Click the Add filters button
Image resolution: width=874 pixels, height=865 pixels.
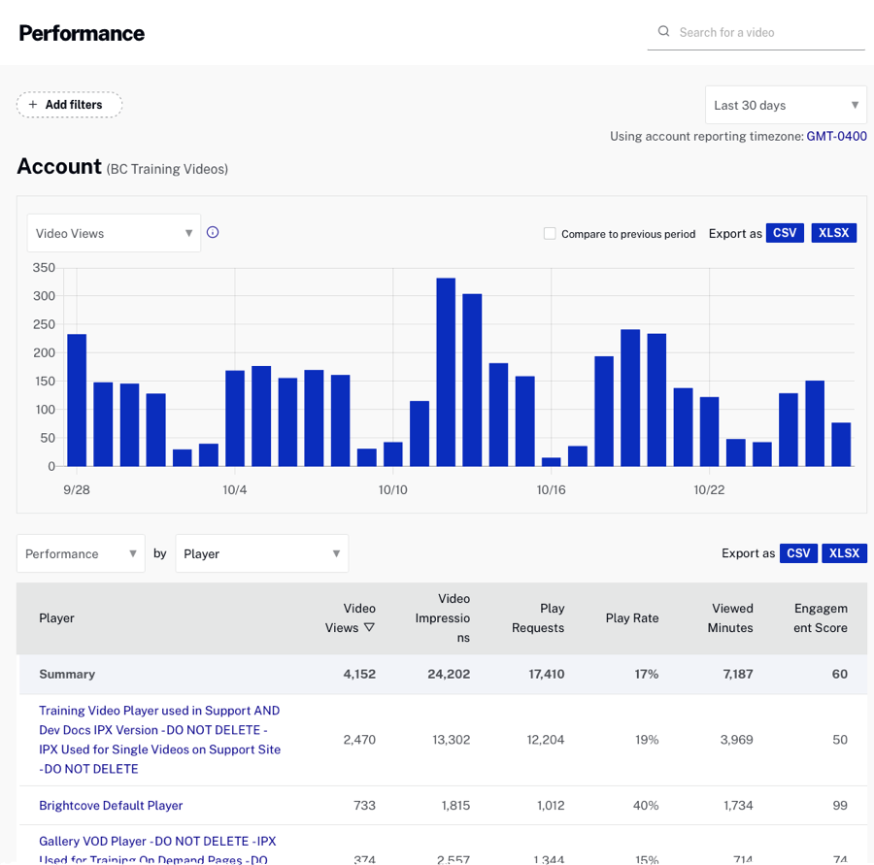click(69, 105)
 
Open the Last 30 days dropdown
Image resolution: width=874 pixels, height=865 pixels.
click(785, 105)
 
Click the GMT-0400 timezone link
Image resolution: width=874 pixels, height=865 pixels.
click(836, 136)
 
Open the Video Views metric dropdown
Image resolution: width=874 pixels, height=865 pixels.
click(114, 233)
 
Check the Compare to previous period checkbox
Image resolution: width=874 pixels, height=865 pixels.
click(550, 234)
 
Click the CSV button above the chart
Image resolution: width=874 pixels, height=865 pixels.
click(785, 233)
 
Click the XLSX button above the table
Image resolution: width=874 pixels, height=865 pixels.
click(845, 553)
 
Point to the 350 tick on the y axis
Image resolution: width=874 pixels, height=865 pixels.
click(44, 268)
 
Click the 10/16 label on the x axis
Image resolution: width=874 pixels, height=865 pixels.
click(551, 490)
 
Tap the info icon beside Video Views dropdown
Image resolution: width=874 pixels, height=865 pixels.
click(213, 232)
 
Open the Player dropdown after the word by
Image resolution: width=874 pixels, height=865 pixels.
click(261, 553)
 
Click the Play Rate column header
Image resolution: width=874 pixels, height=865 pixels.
click(631, 618)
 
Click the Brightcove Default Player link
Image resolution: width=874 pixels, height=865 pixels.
click(111, 806)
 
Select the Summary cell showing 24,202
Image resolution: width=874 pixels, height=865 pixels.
click(449, 674)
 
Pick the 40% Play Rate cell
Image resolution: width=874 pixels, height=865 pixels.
click(646, 806)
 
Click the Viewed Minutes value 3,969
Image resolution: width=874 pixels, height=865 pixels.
click(731, 740)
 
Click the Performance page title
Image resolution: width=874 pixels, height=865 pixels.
click(82, 33)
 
